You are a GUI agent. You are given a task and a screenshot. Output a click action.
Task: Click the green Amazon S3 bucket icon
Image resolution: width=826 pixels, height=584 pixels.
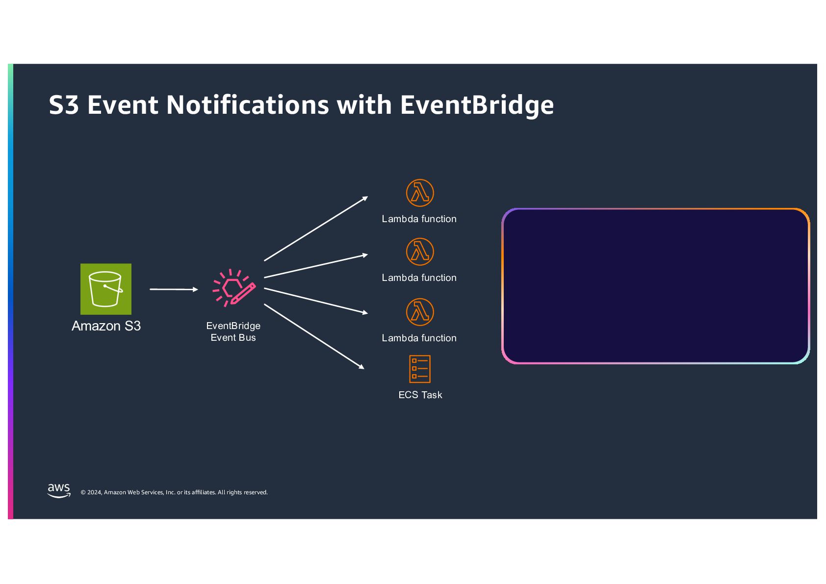click(106, 289)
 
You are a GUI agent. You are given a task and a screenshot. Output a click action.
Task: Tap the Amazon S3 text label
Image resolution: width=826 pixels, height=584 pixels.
click(106, 326)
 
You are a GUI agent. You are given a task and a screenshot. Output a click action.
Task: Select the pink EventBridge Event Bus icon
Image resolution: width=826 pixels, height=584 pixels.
click(234, 288)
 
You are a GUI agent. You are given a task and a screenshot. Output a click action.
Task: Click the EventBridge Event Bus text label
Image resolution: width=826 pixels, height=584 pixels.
click(233, 331)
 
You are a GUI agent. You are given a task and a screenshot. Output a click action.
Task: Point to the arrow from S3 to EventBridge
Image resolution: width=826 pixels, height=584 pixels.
click(174, 289)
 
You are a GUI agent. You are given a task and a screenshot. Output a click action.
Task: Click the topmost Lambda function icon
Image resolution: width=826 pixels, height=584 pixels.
click(420, 193)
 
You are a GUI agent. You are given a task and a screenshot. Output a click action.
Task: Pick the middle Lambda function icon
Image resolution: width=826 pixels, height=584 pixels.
click(420, 252)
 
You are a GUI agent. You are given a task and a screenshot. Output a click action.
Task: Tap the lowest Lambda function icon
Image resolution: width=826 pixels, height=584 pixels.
click(420, 312)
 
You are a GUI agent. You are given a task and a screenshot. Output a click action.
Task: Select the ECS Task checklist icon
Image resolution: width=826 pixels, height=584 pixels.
click(420, 369)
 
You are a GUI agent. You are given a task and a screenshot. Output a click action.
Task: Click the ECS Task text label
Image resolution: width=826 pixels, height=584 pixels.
click(420, 395)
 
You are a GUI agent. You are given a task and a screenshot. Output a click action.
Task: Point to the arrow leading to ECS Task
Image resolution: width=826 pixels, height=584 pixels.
click(314, 336)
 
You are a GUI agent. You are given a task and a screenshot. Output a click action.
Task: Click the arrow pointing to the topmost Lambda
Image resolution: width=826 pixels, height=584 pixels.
click(316, 229)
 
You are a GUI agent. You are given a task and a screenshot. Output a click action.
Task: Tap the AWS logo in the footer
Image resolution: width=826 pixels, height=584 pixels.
click(59, 490)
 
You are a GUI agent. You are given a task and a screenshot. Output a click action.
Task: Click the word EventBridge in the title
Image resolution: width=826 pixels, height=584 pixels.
click(477, 105)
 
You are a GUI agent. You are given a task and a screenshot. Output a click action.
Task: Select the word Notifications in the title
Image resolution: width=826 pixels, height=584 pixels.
click(248, 105)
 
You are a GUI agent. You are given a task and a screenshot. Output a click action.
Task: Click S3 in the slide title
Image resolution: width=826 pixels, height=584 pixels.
click(64, 105)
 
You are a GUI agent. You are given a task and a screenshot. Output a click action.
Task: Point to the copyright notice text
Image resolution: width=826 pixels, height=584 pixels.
click(174, 492)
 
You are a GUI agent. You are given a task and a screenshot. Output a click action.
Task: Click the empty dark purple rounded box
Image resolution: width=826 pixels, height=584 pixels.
click(655, 286)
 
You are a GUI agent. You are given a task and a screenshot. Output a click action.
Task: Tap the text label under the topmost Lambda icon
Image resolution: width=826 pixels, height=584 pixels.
click(419, 219)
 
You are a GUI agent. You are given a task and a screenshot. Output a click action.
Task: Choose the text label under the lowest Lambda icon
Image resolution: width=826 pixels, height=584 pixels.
click(419, 338)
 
